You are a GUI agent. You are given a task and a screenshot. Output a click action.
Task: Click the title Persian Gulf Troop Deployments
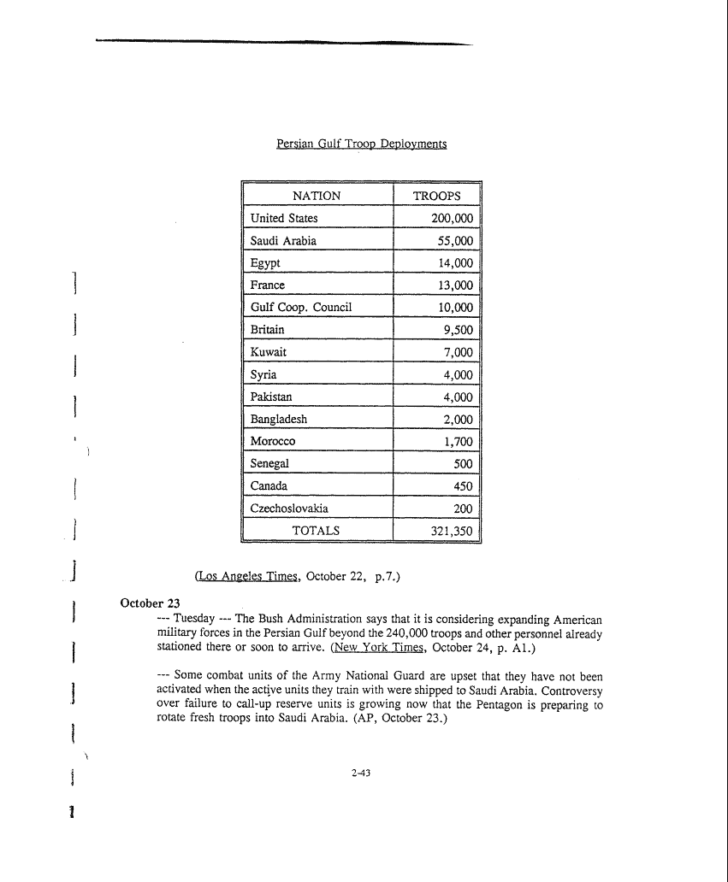click(x=361, y=144)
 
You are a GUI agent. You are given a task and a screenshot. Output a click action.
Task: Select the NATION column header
click(x=317, y=196)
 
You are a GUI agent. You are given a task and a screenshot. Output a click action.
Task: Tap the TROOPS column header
click(x=436, y=196)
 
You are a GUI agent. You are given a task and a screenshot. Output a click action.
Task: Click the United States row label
click(x=284, y=218)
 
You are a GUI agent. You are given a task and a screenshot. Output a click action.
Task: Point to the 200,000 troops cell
click(x=452, y=219)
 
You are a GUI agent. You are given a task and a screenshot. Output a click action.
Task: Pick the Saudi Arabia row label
click(x=283, y=241)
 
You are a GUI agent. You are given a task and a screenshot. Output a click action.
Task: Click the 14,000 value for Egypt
click(x=455, y=263)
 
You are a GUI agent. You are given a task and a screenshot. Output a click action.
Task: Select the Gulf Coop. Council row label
click(x=301, y=307)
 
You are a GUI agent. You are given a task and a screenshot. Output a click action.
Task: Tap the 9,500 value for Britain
click(x=459, y=330)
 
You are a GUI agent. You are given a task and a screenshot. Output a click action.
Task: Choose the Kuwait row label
click(x=269, y=352)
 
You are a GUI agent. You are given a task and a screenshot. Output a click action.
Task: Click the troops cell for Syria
click(x=458, y=374)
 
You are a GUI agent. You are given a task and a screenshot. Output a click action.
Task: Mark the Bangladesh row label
click(x=279, y=419)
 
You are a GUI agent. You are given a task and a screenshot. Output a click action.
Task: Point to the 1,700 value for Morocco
click(x=459, y=442)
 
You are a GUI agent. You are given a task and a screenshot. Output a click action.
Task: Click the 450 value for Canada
click(x=463, y=486)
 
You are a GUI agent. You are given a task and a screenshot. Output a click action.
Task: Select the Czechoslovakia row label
click(x=289, y=509)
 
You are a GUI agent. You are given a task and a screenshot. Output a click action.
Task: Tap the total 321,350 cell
click(x=452, y=531)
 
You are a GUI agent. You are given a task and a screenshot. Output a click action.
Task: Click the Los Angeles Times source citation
click(x=247, y=577)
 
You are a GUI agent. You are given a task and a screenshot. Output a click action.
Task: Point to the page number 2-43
click(x=360, y=773)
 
